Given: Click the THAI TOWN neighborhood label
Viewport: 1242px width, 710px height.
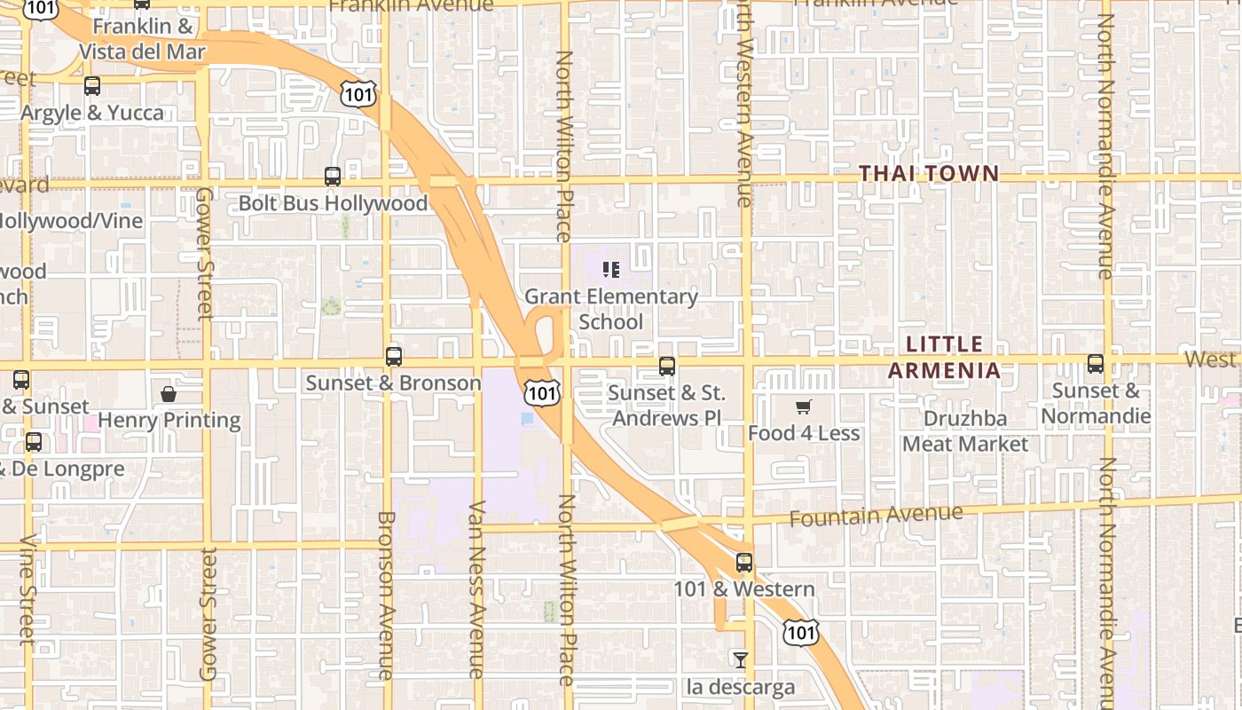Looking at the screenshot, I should [x=929, y=174].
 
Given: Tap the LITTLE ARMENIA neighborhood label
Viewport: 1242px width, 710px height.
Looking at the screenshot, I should [x=945, y=357].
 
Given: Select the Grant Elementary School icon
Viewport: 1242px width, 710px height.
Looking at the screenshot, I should [x=610, y=269].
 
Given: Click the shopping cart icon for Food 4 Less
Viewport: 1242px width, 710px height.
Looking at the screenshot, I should [x=804, y=406].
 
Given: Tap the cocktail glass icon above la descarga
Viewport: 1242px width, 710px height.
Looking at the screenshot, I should [x=740, y=659].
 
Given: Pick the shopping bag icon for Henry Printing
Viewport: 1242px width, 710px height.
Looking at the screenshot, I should [x=169, y=393].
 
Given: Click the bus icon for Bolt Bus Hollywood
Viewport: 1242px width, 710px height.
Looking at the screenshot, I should [x=333, y=177].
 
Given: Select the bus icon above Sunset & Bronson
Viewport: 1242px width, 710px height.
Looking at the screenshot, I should [x=394, y=357].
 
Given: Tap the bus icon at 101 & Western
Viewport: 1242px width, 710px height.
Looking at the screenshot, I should [x=743, y=563].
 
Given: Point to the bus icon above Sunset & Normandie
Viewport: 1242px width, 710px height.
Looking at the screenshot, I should [x=1096, y=364].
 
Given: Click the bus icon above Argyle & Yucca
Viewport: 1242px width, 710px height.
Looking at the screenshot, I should [x=92, y=86].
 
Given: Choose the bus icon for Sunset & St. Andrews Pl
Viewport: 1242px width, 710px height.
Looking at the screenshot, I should [x=667, y=367].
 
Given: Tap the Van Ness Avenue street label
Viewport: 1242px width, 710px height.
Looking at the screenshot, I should [x=476, y=589].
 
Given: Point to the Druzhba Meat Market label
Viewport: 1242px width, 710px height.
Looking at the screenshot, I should [x=965, y=430].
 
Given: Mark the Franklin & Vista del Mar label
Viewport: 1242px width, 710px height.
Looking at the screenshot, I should [x=142, y=39].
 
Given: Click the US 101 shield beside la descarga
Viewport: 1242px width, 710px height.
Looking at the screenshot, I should [x=800, y=632].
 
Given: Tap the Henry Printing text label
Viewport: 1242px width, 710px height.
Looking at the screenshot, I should [x=169, y=420].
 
